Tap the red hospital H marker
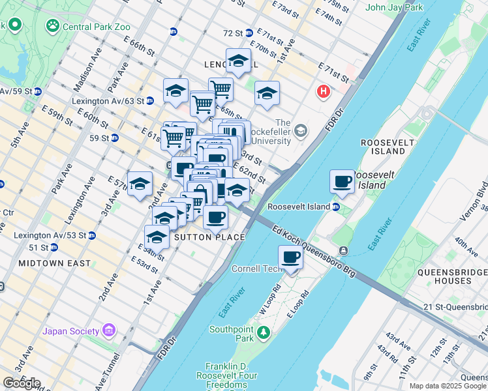click(323, 93)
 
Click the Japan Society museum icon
click(108, 330)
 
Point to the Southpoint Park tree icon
click(263, 334)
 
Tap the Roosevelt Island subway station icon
click(336, 207)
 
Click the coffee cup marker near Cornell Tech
click(291, 257)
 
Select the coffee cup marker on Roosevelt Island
click(342, 182)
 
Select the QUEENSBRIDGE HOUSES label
click(444, 276)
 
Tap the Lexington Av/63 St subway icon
click(150, 100)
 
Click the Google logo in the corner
click(22, 383)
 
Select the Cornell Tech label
click(255, 268)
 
